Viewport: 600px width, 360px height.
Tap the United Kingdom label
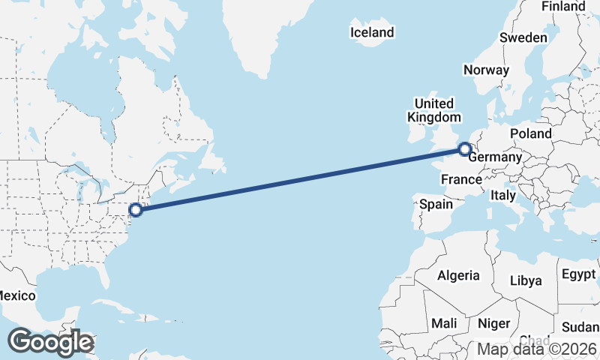(434, 110)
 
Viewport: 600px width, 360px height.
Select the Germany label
(494, 157)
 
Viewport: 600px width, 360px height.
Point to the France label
(460, 180)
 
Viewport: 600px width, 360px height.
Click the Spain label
(436, 204)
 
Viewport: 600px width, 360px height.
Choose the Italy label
(502, 195)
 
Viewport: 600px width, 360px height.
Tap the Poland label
(530, 133)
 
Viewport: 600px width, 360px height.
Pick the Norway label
(486, 70)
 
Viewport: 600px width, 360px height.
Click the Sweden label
(523, 37)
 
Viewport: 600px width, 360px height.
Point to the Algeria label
(458, 275)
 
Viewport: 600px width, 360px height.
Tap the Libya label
(525, 280)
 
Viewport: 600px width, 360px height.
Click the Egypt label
(577, 273)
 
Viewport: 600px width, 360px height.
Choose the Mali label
(444, 323)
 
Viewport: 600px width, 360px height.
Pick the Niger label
(493, 323)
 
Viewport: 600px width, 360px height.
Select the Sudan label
(580, 327)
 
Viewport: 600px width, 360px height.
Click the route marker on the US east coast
(136, 210)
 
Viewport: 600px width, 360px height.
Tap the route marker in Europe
(465, 149)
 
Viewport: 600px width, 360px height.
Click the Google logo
(50, 342)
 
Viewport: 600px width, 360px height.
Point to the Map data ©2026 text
(537, 349)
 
